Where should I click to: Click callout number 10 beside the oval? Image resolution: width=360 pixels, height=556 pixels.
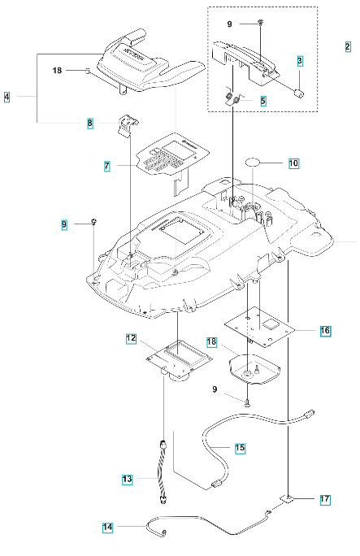point(293,163)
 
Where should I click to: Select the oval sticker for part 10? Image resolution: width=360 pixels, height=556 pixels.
point(258,162)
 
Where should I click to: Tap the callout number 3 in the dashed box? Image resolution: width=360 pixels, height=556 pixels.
point(300,61)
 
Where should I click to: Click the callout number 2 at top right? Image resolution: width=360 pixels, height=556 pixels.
point(347,46)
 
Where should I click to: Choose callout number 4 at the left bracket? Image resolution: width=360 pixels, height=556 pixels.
point(7,97)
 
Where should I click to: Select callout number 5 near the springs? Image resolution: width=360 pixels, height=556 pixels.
point(262,102)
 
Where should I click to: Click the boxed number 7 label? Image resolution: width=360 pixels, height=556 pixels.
point(106,166)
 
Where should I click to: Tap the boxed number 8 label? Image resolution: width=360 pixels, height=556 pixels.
point(91,124)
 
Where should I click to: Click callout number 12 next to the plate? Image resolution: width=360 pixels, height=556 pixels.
point(130,337)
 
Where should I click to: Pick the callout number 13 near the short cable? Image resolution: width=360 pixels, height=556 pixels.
point(128,480)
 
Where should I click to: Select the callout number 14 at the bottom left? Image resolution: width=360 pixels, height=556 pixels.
point(108,528)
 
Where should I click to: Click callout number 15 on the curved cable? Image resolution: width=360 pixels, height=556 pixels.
point(240,448)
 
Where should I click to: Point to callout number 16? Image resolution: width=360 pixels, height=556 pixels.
point(325,332)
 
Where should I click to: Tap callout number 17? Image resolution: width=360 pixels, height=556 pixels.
point(325,499)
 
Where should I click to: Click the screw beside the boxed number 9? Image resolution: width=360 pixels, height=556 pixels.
point(95,221)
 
